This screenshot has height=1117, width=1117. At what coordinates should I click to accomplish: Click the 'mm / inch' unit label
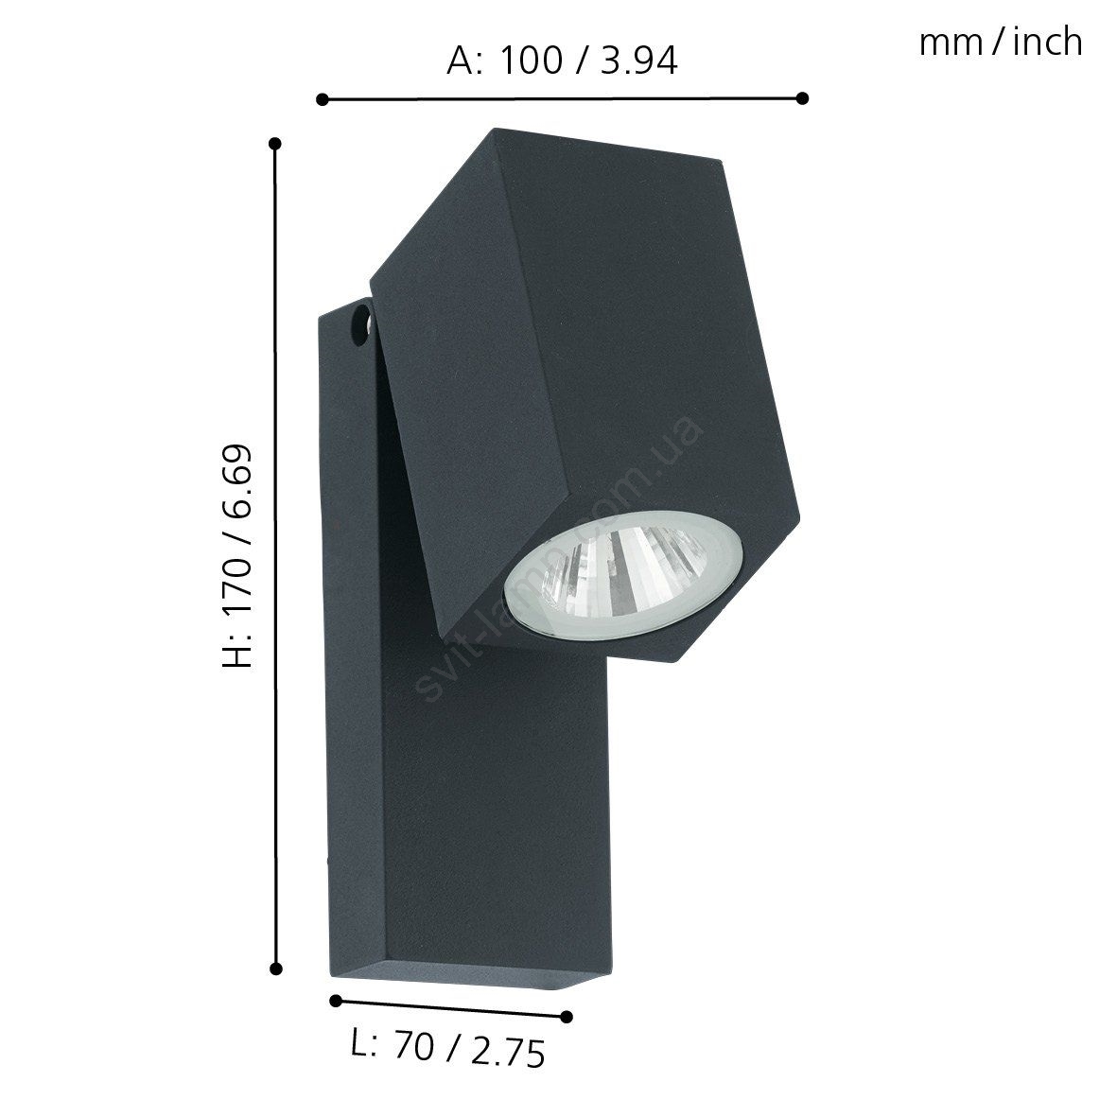pyautogui.click(x=1000, y=43)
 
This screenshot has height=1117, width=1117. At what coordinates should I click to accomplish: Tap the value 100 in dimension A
pyautogui.click(x=531, y=61)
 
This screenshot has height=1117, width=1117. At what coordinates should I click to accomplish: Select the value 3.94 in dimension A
pyautogui.click(x=639, y=61)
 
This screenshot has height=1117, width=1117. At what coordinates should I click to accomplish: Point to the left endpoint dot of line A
pyautogui.click(x=322, y=99)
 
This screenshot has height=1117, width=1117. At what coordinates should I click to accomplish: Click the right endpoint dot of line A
pyautogui.click(x=802, y=97)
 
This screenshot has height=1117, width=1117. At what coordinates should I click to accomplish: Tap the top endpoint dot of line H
pyautogui.click(x=276, y=144)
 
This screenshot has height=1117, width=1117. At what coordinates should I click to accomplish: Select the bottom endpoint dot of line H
pyautogui.click(x=276, y=969)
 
